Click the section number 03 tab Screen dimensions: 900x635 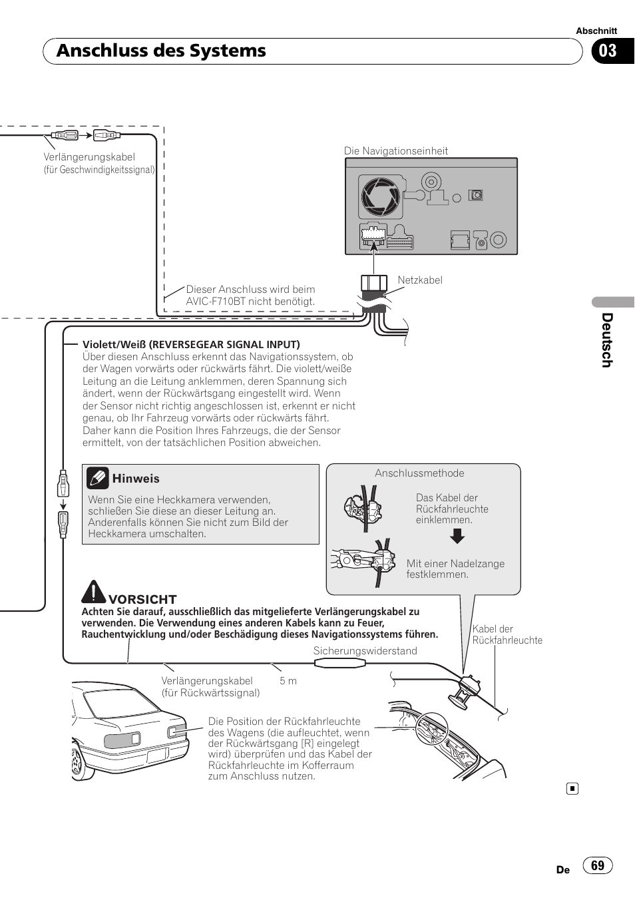click(x=609, y=51)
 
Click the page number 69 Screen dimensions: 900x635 click(x=598, y=865)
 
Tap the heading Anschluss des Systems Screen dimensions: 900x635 click(x=161, y=51)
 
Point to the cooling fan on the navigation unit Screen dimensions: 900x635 click(x=380, y=197)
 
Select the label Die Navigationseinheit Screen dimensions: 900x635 click(x=396, y=151)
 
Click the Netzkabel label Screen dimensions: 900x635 click(x=420, y=280)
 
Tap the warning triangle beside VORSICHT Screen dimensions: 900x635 click(x=95, y=592)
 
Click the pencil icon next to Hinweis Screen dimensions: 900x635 click(x=98, y=478)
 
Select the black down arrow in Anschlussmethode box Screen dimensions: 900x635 click(x=457, y=537)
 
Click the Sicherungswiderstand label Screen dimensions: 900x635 click(x=365, y=651)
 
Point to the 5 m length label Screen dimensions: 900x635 click(x=288, y=681)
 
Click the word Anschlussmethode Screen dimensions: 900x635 click(x=419, y=473)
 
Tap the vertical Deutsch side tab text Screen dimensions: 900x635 click(x=606, y=340)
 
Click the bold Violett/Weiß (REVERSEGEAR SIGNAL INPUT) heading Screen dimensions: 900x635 click(x=191, y=345)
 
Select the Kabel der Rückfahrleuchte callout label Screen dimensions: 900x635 click(x=507, y=634)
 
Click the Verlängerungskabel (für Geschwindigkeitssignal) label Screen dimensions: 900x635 click(x=98, y=163)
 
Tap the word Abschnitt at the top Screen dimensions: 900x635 click(x=596, y=31)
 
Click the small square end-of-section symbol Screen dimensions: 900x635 click(x=572, y=789)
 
